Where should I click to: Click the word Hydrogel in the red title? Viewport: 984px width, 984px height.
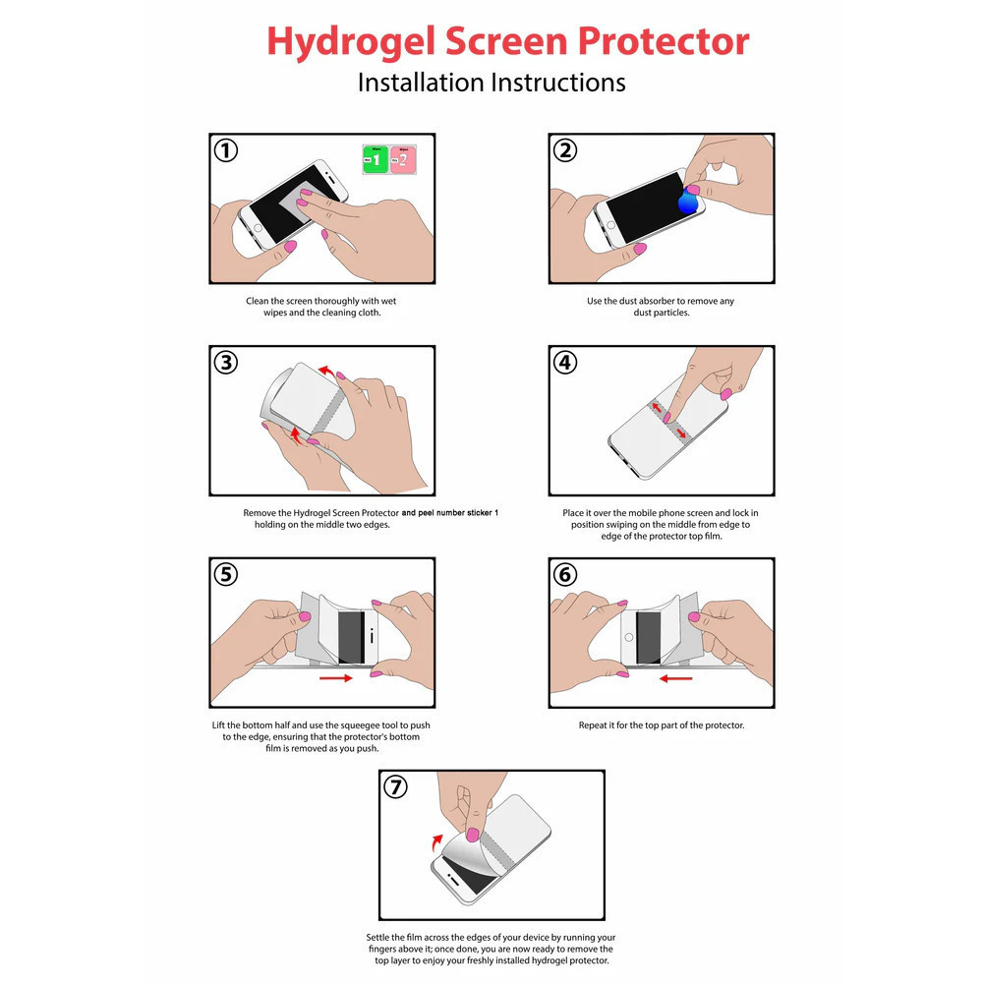coord(350,42)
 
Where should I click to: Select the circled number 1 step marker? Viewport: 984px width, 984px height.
coord(226,150)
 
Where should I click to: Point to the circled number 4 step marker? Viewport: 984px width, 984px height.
coord(565,363)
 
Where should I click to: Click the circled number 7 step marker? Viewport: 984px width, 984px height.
coord(395,787)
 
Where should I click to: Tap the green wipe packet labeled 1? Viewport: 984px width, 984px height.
coord(376,159)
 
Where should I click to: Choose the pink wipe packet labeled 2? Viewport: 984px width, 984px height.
coord(402,159)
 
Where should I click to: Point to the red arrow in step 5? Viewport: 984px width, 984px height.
coord(336,677)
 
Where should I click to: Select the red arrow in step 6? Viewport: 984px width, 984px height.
coord(676,677)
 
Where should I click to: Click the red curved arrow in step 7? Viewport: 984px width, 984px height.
coord(437,841)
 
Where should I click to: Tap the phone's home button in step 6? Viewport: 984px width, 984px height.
coord(629,638)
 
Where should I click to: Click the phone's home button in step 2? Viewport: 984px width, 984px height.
coord(611,225)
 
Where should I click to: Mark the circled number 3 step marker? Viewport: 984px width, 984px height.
coord(226,363)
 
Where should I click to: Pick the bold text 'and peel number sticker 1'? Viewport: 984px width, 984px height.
coord(450,513)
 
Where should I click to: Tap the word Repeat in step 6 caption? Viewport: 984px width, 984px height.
coord(593,725)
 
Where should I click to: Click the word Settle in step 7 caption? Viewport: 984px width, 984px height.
coord(378,937)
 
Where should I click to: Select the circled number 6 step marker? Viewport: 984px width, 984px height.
coord(565,575)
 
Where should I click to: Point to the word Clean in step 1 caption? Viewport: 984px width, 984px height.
coord(258,301)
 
